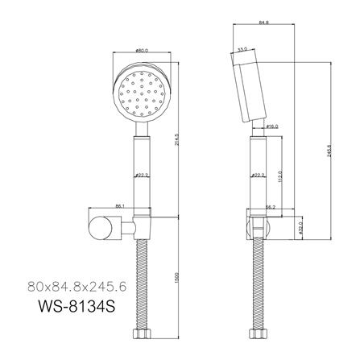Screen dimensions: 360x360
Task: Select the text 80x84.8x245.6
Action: [78, 285]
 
